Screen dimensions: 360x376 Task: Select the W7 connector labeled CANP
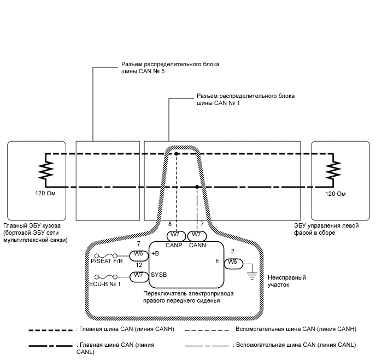pyautogui.click(x=175, y=235)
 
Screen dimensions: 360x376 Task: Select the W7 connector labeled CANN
pyautogui.click(x=197, y=235)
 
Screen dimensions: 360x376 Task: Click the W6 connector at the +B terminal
pyautogui.click(x=138, y=254)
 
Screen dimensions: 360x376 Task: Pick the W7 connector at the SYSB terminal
pyautogui.click(x=138, y=275)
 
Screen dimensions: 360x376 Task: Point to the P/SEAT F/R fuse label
pyautogui.click(x=106, y=262)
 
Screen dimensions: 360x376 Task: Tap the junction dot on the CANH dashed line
pyautogui.click(x=177, y=154)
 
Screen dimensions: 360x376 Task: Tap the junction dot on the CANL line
pyautogui.click(x=197, y=187)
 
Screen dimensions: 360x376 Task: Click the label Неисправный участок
pyautogui.click(x=285, y=281)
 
